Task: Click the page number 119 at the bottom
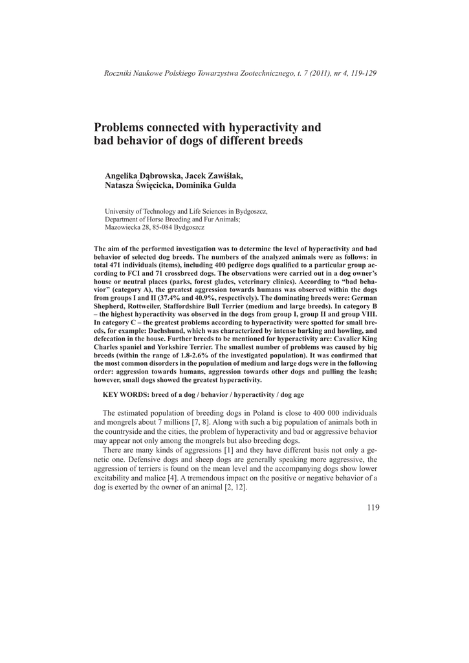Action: (373, 507)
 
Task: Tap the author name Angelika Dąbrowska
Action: (142, 175)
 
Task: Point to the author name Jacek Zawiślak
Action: (214, 175)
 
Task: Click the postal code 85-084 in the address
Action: (158, 228)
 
